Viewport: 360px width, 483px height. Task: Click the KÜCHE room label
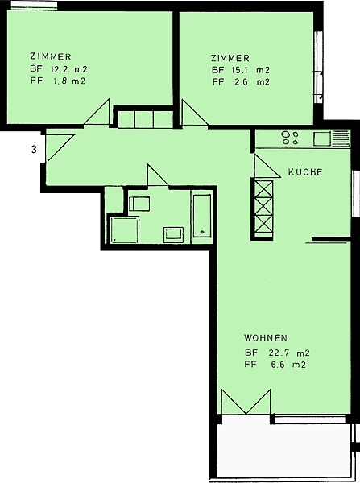coord(305,171)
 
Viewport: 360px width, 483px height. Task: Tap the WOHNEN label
coord(266,338)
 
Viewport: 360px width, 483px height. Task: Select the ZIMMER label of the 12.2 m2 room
coord(51,56)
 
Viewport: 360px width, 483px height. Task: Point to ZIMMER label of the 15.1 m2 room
coord(230,58)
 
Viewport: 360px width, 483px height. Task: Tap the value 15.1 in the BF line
coord(240,70)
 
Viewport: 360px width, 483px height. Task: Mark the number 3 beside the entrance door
coord(34,150)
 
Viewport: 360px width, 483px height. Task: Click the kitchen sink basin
coord(322,138)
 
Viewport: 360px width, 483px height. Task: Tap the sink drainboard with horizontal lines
coord(341,138)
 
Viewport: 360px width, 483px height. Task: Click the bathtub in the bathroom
coord(202,216)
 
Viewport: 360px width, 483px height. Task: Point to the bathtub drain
coord(202,232)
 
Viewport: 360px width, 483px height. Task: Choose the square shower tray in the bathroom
coord(124,229)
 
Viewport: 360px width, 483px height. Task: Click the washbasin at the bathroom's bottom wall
coord(173,234)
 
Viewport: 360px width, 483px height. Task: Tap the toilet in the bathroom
coord(139,204)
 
